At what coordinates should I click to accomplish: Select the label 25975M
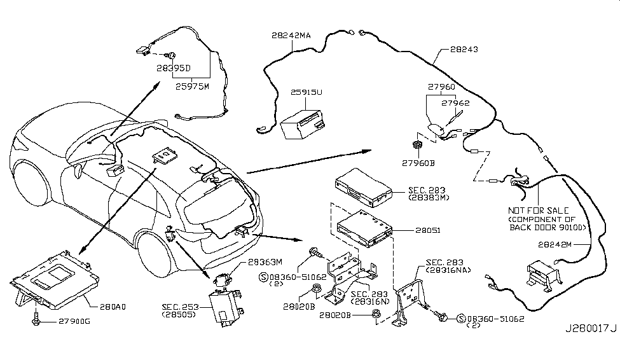[x=192, y=87]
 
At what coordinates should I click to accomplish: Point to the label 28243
[x=464, y=49]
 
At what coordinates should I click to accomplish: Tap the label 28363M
[x=265, y=261]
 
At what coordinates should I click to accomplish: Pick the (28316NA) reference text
[x=447, y=270]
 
